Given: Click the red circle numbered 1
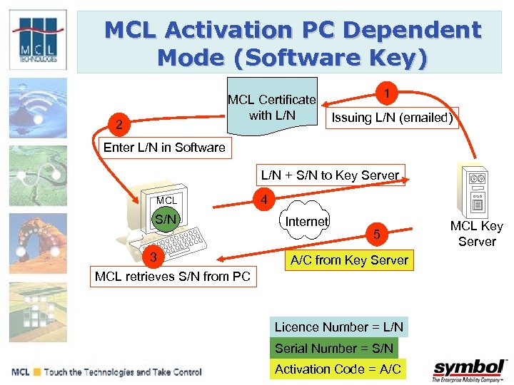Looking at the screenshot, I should (386, 93).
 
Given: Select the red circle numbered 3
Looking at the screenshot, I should (151, 256).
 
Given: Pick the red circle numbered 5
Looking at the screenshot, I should (378, 232).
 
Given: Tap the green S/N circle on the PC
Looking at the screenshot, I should (166, 220).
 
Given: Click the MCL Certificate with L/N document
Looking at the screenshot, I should (271, 107).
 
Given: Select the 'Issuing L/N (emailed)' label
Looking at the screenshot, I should (391, 118).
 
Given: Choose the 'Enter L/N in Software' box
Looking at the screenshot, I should (164, 148).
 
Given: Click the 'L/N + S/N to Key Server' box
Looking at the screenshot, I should (330, 175).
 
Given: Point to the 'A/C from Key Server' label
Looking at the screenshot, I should (349, 260).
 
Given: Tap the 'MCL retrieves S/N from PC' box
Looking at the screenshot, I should (173, 276).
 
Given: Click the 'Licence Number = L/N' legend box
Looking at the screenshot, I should (339, 327).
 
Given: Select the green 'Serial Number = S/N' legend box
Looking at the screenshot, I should (334, 348).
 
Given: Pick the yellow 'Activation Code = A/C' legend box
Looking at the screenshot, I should (338, 369).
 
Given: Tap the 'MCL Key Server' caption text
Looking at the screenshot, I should (476, 234).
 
